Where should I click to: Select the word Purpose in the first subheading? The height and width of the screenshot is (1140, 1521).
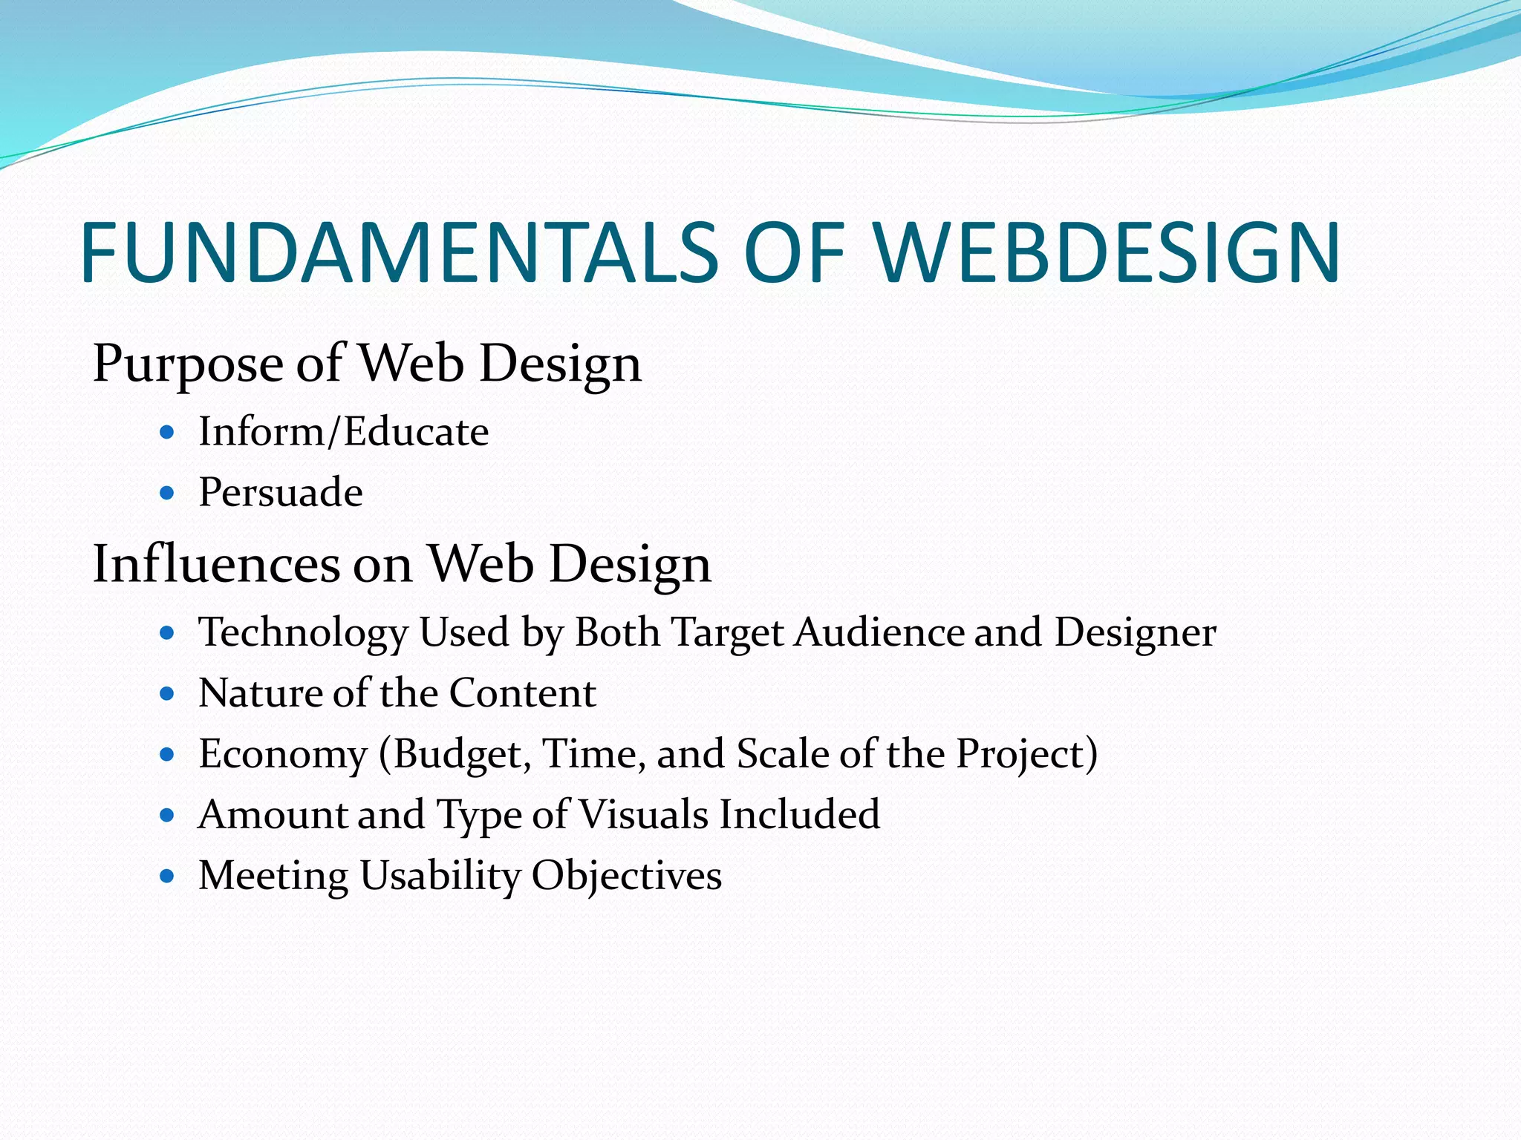tap(187, 364)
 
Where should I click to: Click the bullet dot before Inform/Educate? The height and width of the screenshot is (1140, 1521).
tap(167, 431)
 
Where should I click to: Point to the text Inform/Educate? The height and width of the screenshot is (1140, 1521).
tap(343, 431)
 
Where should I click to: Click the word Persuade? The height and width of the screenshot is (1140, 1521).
tap(281, 492)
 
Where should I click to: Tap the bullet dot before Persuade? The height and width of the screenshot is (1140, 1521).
tap(167, 492)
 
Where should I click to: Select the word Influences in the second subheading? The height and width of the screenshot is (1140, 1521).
tap(216, 563)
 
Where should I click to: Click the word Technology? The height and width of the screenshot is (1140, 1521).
tap(303, 632)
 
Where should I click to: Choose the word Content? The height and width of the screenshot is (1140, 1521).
tap(522, 693)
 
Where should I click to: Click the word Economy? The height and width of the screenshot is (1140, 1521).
tap(283, 754)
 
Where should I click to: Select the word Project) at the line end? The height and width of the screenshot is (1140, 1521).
tap(1026, 754)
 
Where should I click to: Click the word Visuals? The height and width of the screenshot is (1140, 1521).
tap(643, 814)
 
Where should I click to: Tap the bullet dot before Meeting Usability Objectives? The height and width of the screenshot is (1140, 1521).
tap(167, 876)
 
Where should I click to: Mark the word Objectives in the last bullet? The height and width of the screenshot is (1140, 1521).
tap(626, 876)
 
